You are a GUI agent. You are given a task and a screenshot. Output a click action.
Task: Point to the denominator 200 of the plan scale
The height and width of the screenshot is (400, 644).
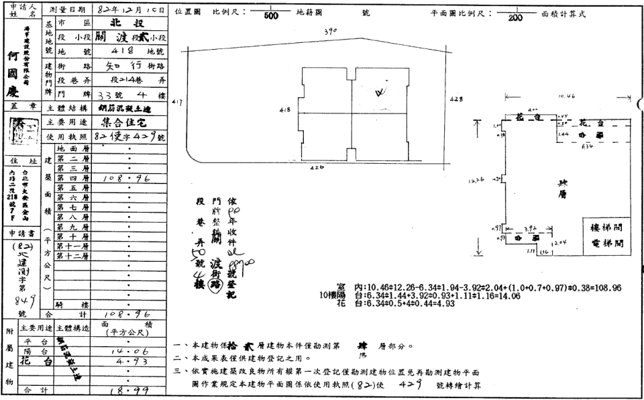515,17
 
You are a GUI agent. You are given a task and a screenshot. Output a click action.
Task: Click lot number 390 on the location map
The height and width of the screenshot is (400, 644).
329,32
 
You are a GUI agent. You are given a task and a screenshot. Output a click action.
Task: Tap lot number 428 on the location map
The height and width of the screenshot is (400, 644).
455,99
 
